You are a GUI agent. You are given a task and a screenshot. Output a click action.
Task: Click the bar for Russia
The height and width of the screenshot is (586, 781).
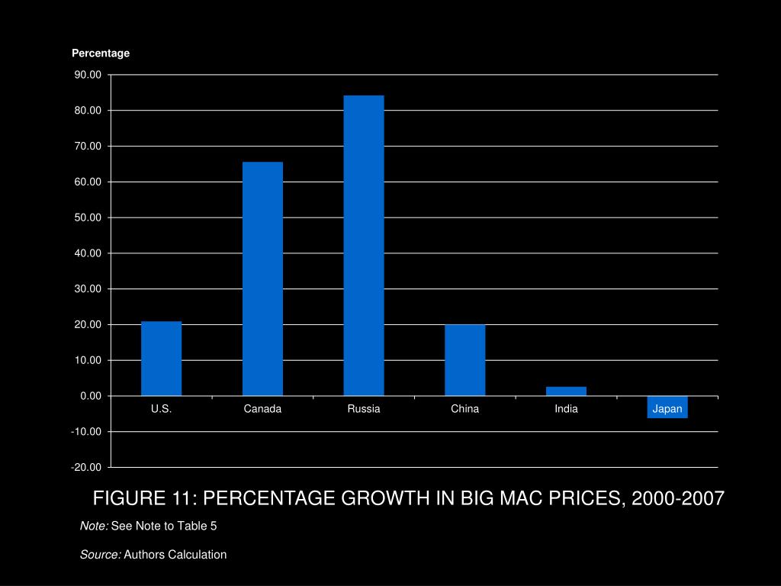[x=364, y=245]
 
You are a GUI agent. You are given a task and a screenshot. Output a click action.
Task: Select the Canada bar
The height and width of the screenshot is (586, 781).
[x=262, y=279]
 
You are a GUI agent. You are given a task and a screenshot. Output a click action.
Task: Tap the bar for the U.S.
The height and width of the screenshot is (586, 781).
[x=161, y=358]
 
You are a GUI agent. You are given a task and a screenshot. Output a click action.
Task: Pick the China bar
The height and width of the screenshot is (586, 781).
[x=464, y=359]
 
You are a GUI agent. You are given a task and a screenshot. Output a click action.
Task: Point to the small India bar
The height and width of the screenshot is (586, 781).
[x=566, y=391]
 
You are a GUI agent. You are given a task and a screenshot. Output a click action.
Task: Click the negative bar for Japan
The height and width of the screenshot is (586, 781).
[x=667, y=407]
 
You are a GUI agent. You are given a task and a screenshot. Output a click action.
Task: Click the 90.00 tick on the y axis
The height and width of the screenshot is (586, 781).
[x=87, y=75]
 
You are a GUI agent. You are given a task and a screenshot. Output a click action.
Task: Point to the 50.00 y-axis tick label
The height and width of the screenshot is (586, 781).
[x=87, y=217]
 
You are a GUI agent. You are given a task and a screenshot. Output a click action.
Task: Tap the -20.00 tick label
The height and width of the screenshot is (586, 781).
[x=85, y=467]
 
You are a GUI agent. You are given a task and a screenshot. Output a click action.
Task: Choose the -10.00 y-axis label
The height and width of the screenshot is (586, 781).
[x=85, y=431]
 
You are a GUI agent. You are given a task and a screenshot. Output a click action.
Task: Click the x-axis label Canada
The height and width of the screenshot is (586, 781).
[x=262, y=409]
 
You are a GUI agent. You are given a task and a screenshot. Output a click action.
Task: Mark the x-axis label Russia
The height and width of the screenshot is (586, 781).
[x=364, y=409]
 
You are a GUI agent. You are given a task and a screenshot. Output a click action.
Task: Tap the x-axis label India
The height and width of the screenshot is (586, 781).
[x=566, y=409]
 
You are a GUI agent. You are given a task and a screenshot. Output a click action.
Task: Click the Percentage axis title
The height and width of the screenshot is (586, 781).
[x=101, y=53]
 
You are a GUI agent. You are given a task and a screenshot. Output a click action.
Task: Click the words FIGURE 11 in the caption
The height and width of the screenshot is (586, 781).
[x=144, y=499]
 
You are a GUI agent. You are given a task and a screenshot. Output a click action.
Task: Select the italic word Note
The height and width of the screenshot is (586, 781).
[x=94, y=526]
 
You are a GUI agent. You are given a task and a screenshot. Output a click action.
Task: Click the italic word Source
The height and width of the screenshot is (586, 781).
[x=100, y=555]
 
